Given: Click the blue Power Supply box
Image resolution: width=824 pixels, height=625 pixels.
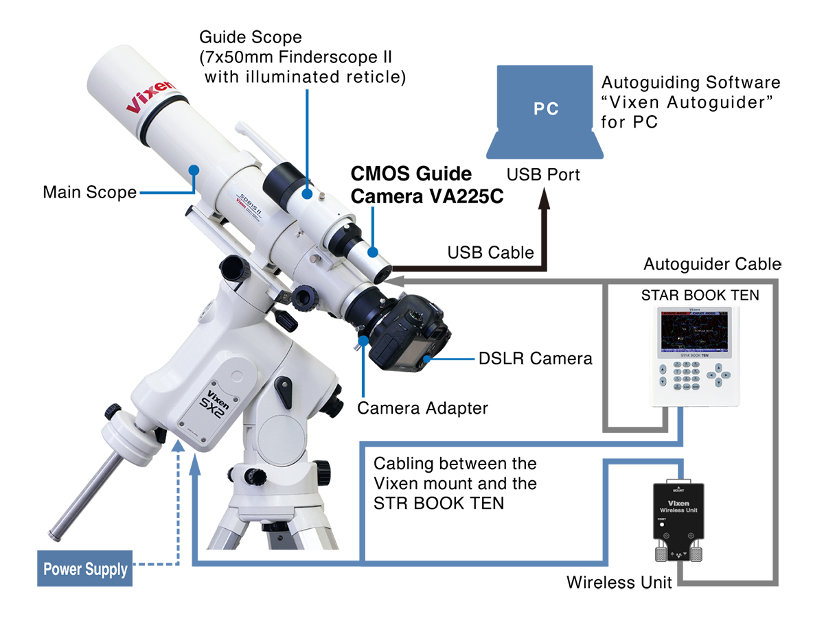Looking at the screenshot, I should click(x=86, y=569).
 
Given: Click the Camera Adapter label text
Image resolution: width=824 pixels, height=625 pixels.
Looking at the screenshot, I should click(x=422, y=408).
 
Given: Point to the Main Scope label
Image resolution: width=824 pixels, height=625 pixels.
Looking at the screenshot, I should click(x=89, y=192).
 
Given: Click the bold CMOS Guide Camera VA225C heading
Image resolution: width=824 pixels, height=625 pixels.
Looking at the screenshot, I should click(x=427, y=185).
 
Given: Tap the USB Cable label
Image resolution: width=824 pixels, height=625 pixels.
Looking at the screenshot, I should click(x=490, y=252).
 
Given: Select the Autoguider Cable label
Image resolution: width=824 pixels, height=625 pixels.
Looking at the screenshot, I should click(x=712, y=264).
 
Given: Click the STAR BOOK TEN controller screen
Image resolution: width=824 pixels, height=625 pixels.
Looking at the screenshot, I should click(x=700, y=334).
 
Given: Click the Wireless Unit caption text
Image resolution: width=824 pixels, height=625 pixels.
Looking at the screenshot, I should click(x=619, y=582).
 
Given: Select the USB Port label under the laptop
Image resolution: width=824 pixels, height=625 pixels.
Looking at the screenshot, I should click(x=543, y=174).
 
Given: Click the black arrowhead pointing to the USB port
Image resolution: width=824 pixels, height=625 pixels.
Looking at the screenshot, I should click(x=546, y=200).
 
